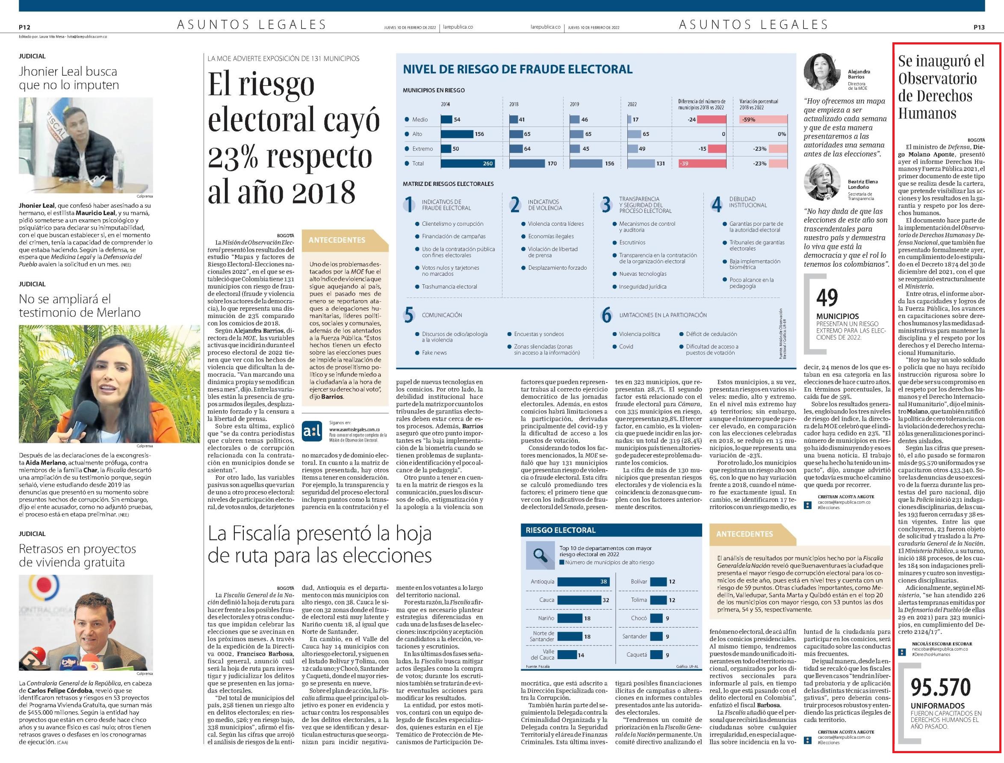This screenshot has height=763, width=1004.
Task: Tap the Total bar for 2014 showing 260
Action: point(468,163)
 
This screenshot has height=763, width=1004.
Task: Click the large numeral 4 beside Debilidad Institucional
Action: point(717,205)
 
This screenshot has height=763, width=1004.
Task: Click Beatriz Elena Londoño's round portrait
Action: point(823,182)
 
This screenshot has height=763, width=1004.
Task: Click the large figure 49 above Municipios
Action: point(827,298)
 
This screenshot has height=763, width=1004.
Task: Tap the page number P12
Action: point(24,27)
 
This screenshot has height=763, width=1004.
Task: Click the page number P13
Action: point(979,27)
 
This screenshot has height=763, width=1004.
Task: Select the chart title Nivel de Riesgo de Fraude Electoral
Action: point(517,70)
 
